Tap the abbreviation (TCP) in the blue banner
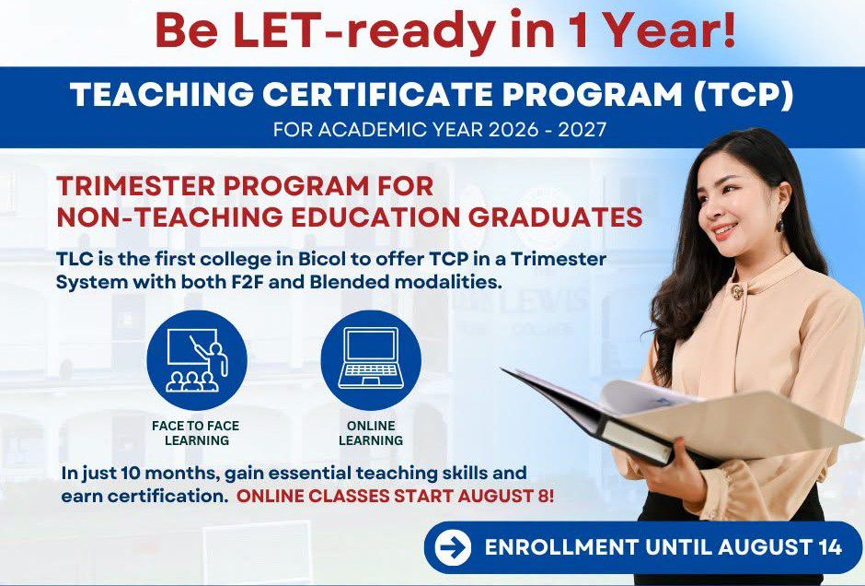click(744, 95)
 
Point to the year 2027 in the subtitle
click(582, 129)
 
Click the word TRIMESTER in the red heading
click(135, 185)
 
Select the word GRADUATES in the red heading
click(555, 217)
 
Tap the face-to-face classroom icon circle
click(197, 360)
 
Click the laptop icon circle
click(371, 360)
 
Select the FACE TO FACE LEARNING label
click(196, 433)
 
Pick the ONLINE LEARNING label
click(371, 433)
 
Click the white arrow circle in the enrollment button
click(453, 547)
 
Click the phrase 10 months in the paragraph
click(170, 474)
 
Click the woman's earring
click(780, 225)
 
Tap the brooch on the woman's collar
click(737, 291)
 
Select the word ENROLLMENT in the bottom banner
click(561, 546)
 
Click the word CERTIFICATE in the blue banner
click(377, 95)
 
